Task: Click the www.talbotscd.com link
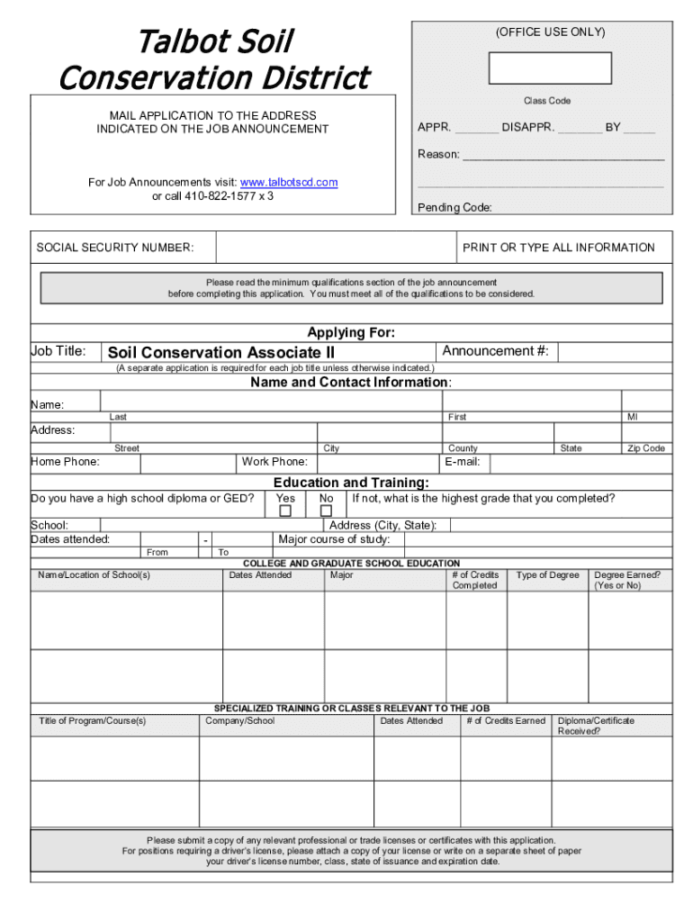tap(289, 182)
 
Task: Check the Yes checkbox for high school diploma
tap(285, 511)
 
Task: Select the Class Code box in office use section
tap(550, 68)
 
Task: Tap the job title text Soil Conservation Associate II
tap(220, 352)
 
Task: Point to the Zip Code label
tap(646, 448)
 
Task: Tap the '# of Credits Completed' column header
tap(474, 580)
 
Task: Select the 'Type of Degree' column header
tap(547, 575)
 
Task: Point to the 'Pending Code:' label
tap(454, 207)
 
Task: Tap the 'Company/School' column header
tap(240, 720)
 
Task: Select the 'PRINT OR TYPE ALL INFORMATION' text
tap(559, 248)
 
